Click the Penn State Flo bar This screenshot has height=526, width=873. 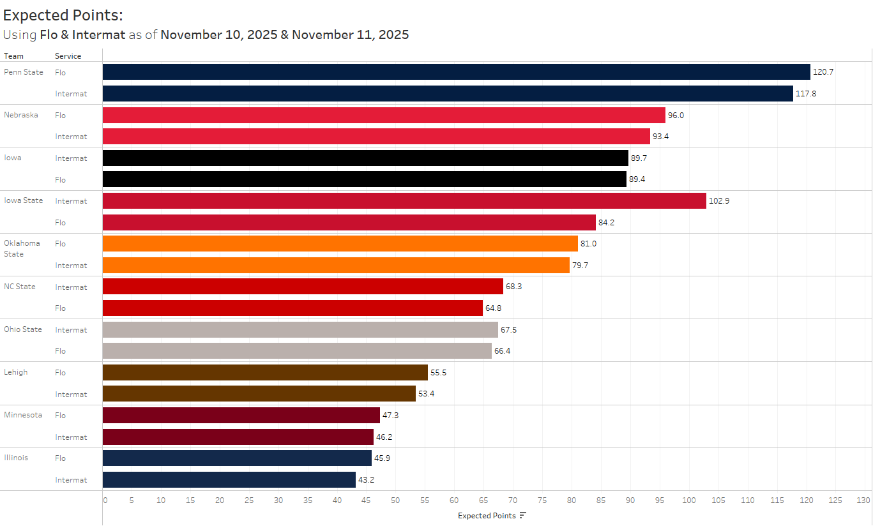(456, 72)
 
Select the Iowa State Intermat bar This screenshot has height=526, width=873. (404, 201)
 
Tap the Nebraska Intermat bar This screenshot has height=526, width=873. (376, 137)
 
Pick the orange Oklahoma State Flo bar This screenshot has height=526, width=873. (340, 244)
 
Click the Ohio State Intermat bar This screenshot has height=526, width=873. (300, 330)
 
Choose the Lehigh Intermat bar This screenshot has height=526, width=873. (259, 394)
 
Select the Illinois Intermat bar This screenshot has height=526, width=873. (229, 480)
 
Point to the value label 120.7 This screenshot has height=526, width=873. (823, 72)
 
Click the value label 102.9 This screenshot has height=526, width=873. (719, 201)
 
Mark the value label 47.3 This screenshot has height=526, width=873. (391, 416)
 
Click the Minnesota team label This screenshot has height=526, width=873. (23, 415)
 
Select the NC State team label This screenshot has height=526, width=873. (20, 287)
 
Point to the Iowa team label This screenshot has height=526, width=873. (13, 158)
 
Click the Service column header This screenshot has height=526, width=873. (68, 56)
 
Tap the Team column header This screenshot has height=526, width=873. (13, 56)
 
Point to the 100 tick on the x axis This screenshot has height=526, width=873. (689, 500)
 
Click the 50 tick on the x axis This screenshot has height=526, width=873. (395, 500)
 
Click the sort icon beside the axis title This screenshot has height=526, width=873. (522, 516)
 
